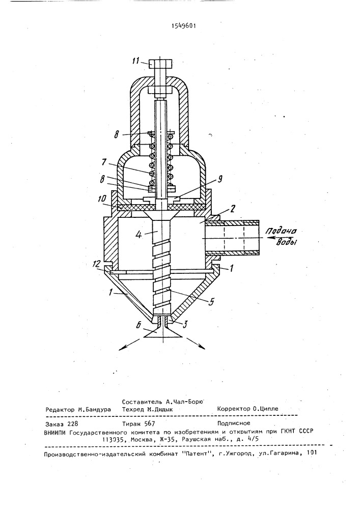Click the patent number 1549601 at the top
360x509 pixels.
183,26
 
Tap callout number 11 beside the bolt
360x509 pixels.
136,61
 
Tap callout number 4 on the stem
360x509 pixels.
139,234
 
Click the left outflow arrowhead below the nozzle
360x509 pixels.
121,348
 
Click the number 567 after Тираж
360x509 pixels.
149,423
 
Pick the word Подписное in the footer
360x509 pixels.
233,423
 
